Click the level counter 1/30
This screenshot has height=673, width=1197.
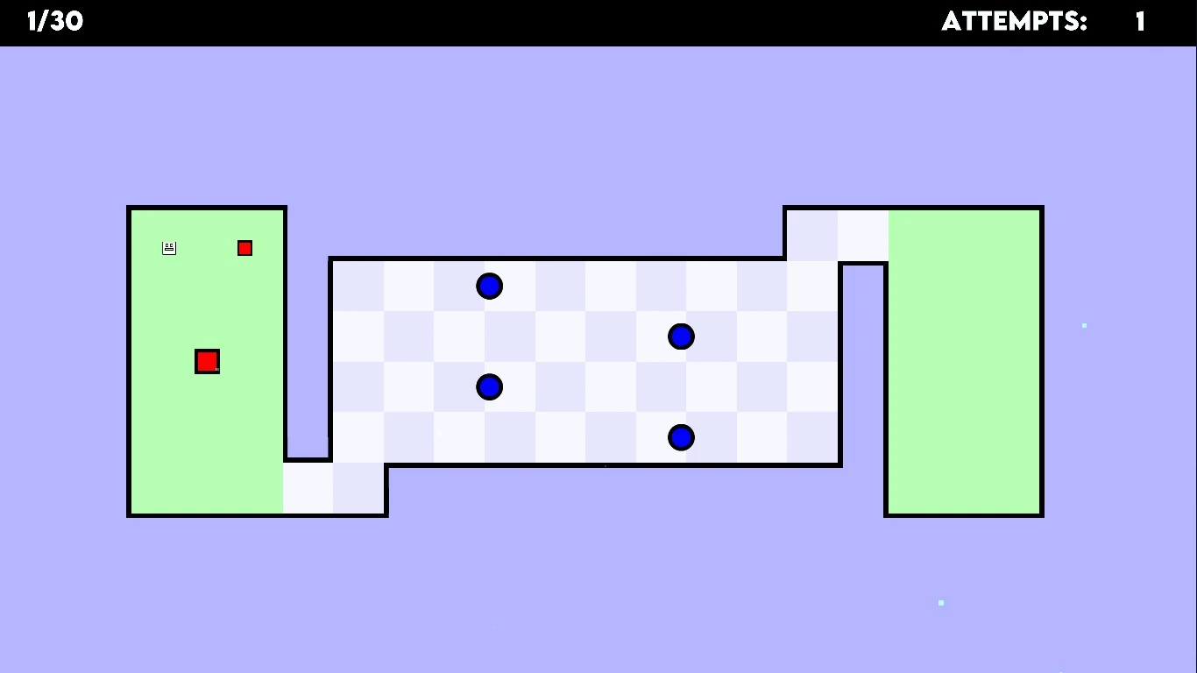point(55,22)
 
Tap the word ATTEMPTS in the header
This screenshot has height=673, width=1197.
point(1014,22)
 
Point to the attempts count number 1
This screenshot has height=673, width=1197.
point(1140,22)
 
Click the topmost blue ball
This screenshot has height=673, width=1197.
point(489,286)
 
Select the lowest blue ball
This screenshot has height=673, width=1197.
point(681,437)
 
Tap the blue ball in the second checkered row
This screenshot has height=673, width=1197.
point(681,336)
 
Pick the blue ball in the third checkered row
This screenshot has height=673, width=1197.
point(489,386)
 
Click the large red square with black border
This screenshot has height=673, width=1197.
point(207,361)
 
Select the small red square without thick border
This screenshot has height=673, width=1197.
point(244,248)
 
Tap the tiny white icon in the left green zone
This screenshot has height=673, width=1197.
point(169,248)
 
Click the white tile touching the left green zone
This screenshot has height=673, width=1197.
point(308,488)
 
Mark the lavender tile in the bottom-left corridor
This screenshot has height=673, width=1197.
point(358,488)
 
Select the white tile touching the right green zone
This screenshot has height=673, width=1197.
point(863,235)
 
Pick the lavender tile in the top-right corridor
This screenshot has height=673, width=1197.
point(812,235)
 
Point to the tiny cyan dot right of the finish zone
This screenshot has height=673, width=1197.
point(1084,325)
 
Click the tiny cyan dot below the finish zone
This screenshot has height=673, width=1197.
point(941,603)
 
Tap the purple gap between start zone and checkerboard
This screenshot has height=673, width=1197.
point(308,351)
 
